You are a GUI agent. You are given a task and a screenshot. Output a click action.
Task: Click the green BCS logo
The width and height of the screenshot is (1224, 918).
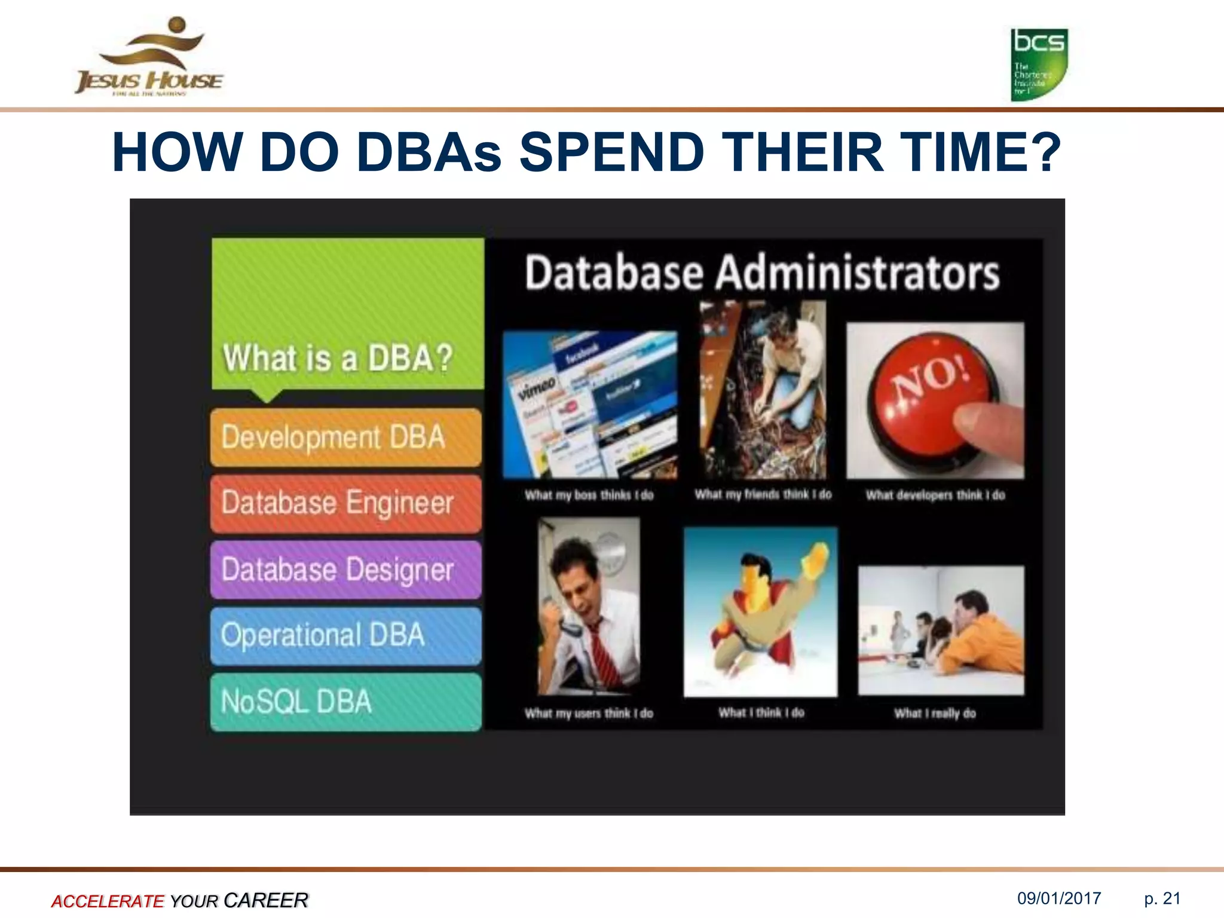click(x=1039, y=65)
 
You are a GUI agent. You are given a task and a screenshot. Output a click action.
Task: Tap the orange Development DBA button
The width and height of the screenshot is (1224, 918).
click(x=345, y=437)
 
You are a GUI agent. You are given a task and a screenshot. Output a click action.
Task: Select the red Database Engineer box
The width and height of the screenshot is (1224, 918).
click(x=345, y=503)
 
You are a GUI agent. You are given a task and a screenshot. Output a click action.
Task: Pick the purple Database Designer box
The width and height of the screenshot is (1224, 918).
click(x=345, y=570)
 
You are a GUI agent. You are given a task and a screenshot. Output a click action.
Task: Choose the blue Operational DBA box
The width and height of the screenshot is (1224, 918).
click(x=345, y=635)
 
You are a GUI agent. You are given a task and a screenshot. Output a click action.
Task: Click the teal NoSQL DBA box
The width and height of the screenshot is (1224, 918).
click(x=345, y=702)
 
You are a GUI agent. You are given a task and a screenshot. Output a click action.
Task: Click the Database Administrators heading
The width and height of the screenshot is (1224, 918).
click(x=762, y=273)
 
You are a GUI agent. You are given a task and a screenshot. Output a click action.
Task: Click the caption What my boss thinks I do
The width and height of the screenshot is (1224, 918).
click(x=589, y=495)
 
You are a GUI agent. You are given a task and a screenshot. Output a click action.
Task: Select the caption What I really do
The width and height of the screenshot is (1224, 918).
click(x=935, y=713)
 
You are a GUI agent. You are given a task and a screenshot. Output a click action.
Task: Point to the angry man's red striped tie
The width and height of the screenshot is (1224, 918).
click(x=604, y=651)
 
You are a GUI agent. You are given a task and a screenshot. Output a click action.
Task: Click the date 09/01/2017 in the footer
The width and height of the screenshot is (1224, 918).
click(x=1059, y=898)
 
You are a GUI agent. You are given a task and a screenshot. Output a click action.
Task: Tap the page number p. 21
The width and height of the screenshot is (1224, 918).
click(x=1162, y=898)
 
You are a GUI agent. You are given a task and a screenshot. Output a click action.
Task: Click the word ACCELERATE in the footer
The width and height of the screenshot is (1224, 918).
click(x=108, y=901)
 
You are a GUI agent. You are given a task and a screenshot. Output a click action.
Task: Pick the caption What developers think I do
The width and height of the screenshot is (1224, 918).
click(x=935, y=495)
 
